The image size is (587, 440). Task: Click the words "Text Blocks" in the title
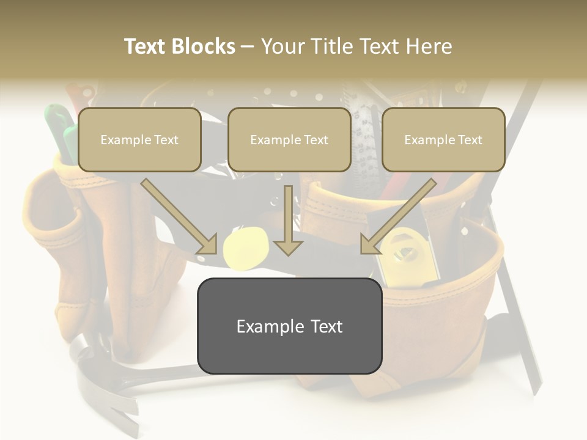coord(179,46)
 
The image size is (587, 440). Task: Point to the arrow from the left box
coord(179,217)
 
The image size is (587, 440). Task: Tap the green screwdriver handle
coord(59,125)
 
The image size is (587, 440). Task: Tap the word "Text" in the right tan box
coord(469,140)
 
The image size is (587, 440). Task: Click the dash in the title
coord(248,46)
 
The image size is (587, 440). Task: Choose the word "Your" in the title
coord(283,46)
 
